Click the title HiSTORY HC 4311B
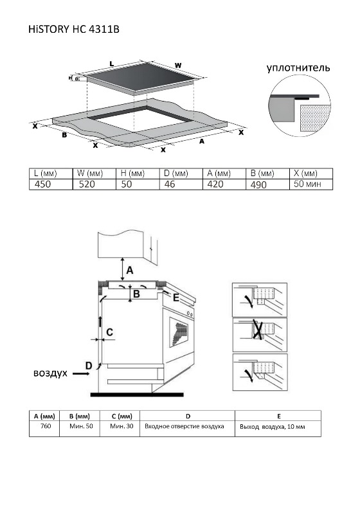coord(74,30)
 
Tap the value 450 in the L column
coord(42,184)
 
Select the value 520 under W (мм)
coord(87,184)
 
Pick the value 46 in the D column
coord(170,184)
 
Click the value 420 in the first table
coord(215,184)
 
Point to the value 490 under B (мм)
coord(258,184)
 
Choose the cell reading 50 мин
coord(307,184)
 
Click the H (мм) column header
coord(132,174)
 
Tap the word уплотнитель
coord(298,68)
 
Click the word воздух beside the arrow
coord(50,373)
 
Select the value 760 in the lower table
coord(46,426)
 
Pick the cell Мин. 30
coord(122,426)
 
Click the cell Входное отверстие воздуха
coord(184,426)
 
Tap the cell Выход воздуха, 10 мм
coord(273,427)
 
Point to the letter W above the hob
coord(178,66)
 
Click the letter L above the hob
coord(112,64)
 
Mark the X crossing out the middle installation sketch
coord(259,329)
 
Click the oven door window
coord(179,332)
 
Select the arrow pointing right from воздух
coord(81,373)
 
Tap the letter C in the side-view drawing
coord(109,332)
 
